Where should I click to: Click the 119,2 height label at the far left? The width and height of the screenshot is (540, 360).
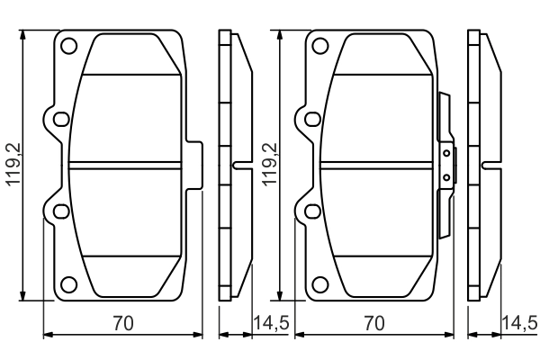[13, 166]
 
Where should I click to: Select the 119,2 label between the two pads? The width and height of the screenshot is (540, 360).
[266, 166]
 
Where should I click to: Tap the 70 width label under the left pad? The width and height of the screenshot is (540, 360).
[122, 323]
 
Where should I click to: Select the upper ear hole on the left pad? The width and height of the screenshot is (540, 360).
[60, 119]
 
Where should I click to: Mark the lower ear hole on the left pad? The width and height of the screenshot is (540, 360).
[60, 211]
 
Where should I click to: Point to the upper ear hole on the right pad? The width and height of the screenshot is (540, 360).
[312, 119]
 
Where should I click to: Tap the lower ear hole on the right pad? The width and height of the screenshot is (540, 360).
[312, 211]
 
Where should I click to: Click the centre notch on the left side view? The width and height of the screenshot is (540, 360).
[238, 165]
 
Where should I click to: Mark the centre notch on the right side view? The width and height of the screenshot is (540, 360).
[489, 165]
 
